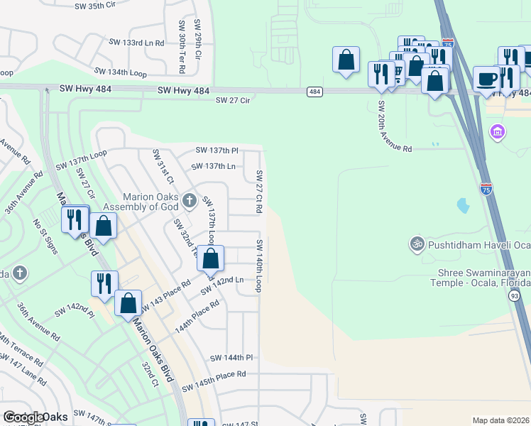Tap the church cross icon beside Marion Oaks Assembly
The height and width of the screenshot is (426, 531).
188,202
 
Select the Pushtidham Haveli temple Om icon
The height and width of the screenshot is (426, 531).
417,244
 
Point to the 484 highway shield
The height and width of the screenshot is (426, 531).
314,92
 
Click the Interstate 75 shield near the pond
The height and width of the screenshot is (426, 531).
486,188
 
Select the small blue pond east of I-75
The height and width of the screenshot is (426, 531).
464,206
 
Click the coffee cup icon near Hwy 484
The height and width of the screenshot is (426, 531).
487,78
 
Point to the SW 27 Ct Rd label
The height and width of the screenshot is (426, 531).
259,192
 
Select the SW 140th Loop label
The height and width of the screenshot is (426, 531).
259,265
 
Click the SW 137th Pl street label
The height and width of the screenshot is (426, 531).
217,151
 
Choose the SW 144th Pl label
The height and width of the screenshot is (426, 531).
231,358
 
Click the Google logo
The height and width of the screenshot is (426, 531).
23,417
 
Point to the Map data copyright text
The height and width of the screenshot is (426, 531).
500,420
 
